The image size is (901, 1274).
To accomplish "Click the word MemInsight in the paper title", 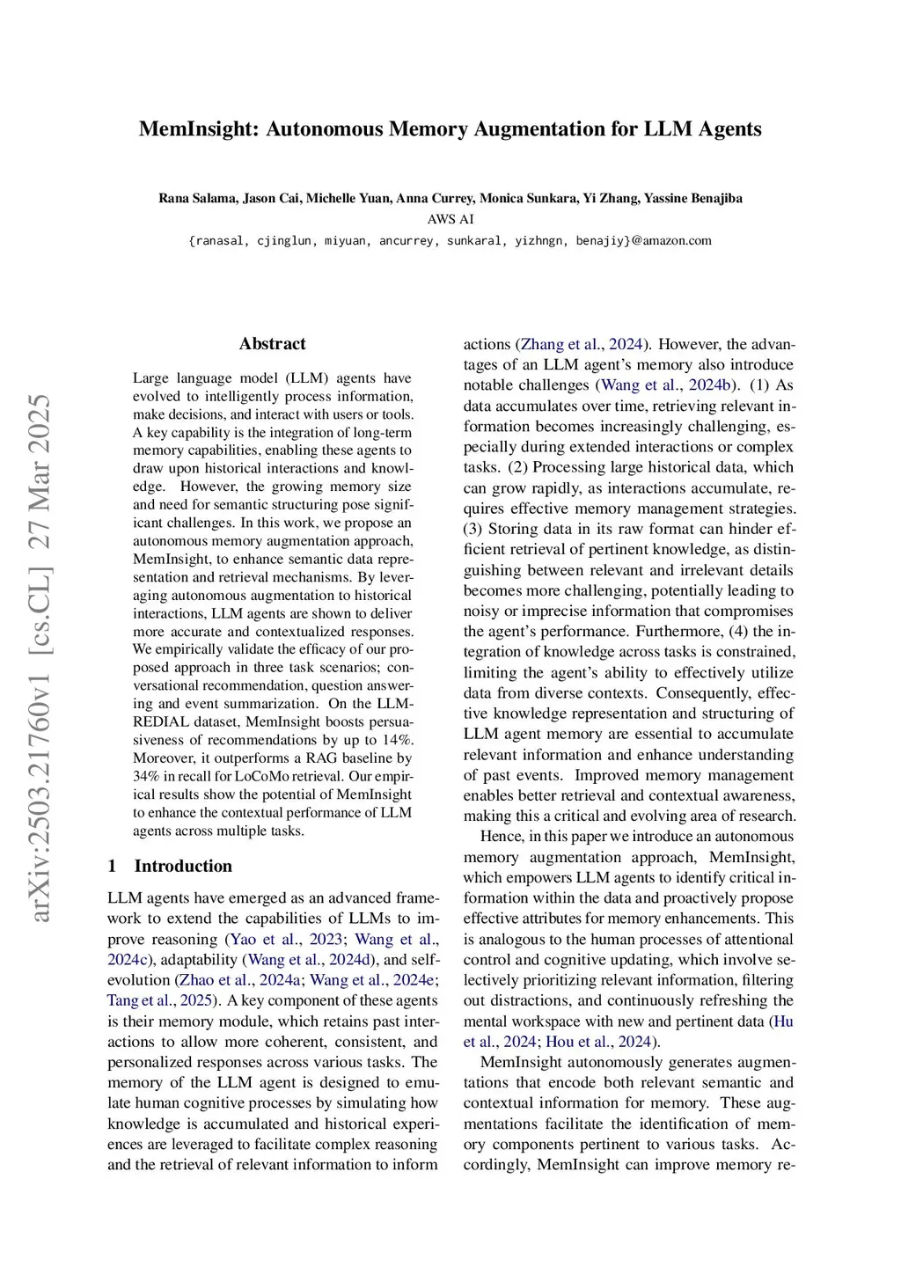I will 198,129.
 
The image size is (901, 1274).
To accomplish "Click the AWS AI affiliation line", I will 450,219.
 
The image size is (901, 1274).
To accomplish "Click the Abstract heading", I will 273,344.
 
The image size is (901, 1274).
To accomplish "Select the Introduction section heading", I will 183,866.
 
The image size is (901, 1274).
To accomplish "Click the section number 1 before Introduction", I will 113,866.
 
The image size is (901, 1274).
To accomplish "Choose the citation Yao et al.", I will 265,940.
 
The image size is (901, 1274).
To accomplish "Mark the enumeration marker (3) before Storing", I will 473,529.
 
